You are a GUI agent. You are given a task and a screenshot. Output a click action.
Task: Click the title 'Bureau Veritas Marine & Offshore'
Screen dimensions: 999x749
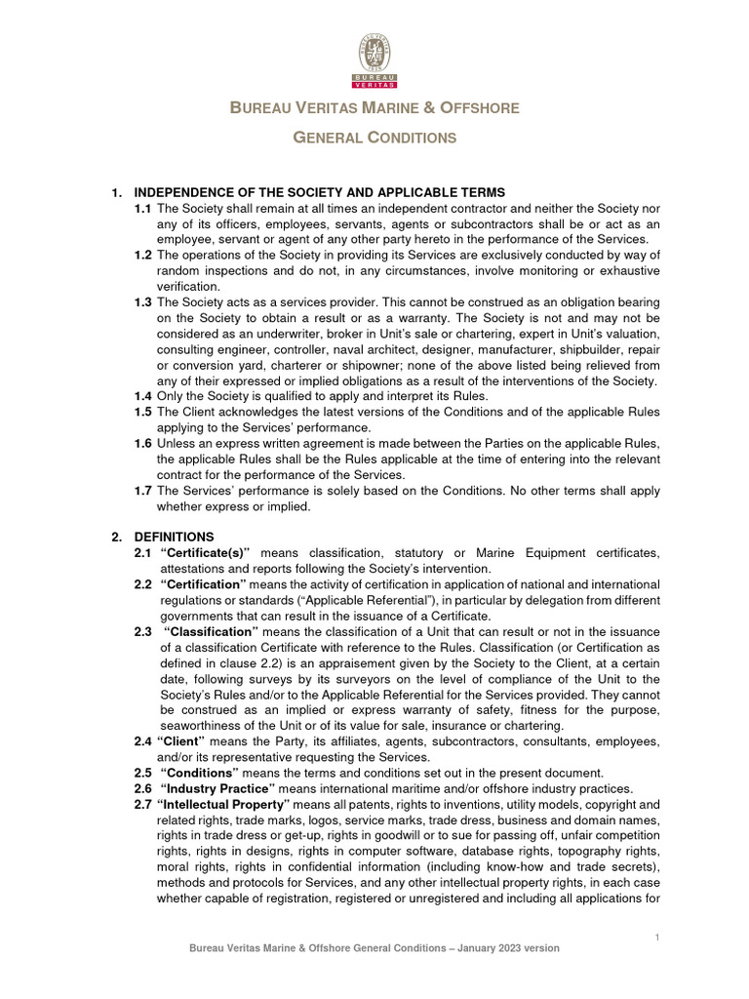click(374, 107)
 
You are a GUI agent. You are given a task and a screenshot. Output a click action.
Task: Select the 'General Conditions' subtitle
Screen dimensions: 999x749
click(374, 138)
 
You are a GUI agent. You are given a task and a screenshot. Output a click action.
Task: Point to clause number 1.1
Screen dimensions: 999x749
click(142, 209)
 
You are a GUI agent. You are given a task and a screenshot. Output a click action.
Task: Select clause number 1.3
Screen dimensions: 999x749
click(142, 302)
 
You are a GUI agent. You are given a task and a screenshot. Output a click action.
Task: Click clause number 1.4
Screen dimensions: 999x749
click(142, 396)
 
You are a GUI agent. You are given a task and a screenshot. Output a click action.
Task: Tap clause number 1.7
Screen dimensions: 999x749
click(142, 490)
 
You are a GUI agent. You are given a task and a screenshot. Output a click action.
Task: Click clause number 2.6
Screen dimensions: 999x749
click(142, 788)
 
